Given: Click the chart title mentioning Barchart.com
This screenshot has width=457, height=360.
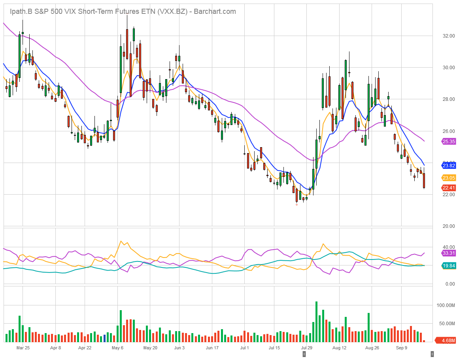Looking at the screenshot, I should (x=123, y=11).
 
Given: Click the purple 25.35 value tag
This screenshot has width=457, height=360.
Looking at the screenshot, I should (x=448, y=141).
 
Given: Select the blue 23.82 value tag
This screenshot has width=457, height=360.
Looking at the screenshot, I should (x=448, y=165).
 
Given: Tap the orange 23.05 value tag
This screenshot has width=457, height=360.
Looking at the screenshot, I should (x=448, y=178).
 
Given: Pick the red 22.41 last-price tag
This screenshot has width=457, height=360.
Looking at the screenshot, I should (x=448, y=188).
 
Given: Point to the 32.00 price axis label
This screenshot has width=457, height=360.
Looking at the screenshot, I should (x=448, y=36).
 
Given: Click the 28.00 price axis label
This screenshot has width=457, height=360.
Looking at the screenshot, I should (x=448, y=99).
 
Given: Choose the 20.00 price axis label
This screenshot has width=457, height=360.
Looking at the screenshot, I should (x=448, y=226).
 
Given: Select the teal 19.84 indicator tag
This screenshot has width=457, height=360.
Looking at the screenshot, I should (x=448, y=266).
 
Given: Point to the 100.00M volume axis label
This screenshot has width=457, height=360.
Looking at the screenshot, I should (x=446, y=305).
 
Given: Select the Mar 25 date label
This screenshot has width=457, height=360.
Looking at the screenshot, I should (x=23, y=348).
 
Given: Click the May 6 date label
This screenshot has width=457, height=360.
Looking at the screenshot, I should (x=117, y=348).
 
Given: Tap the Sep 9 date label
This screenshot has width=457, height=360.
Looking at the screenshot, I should (x=401, y=348).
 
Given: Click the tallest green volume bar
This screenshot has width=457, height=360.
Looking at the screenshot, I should (x=316, y=322).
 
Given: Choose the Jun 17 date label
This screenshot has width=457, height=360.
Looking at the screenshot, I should (x=212, y=348).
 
